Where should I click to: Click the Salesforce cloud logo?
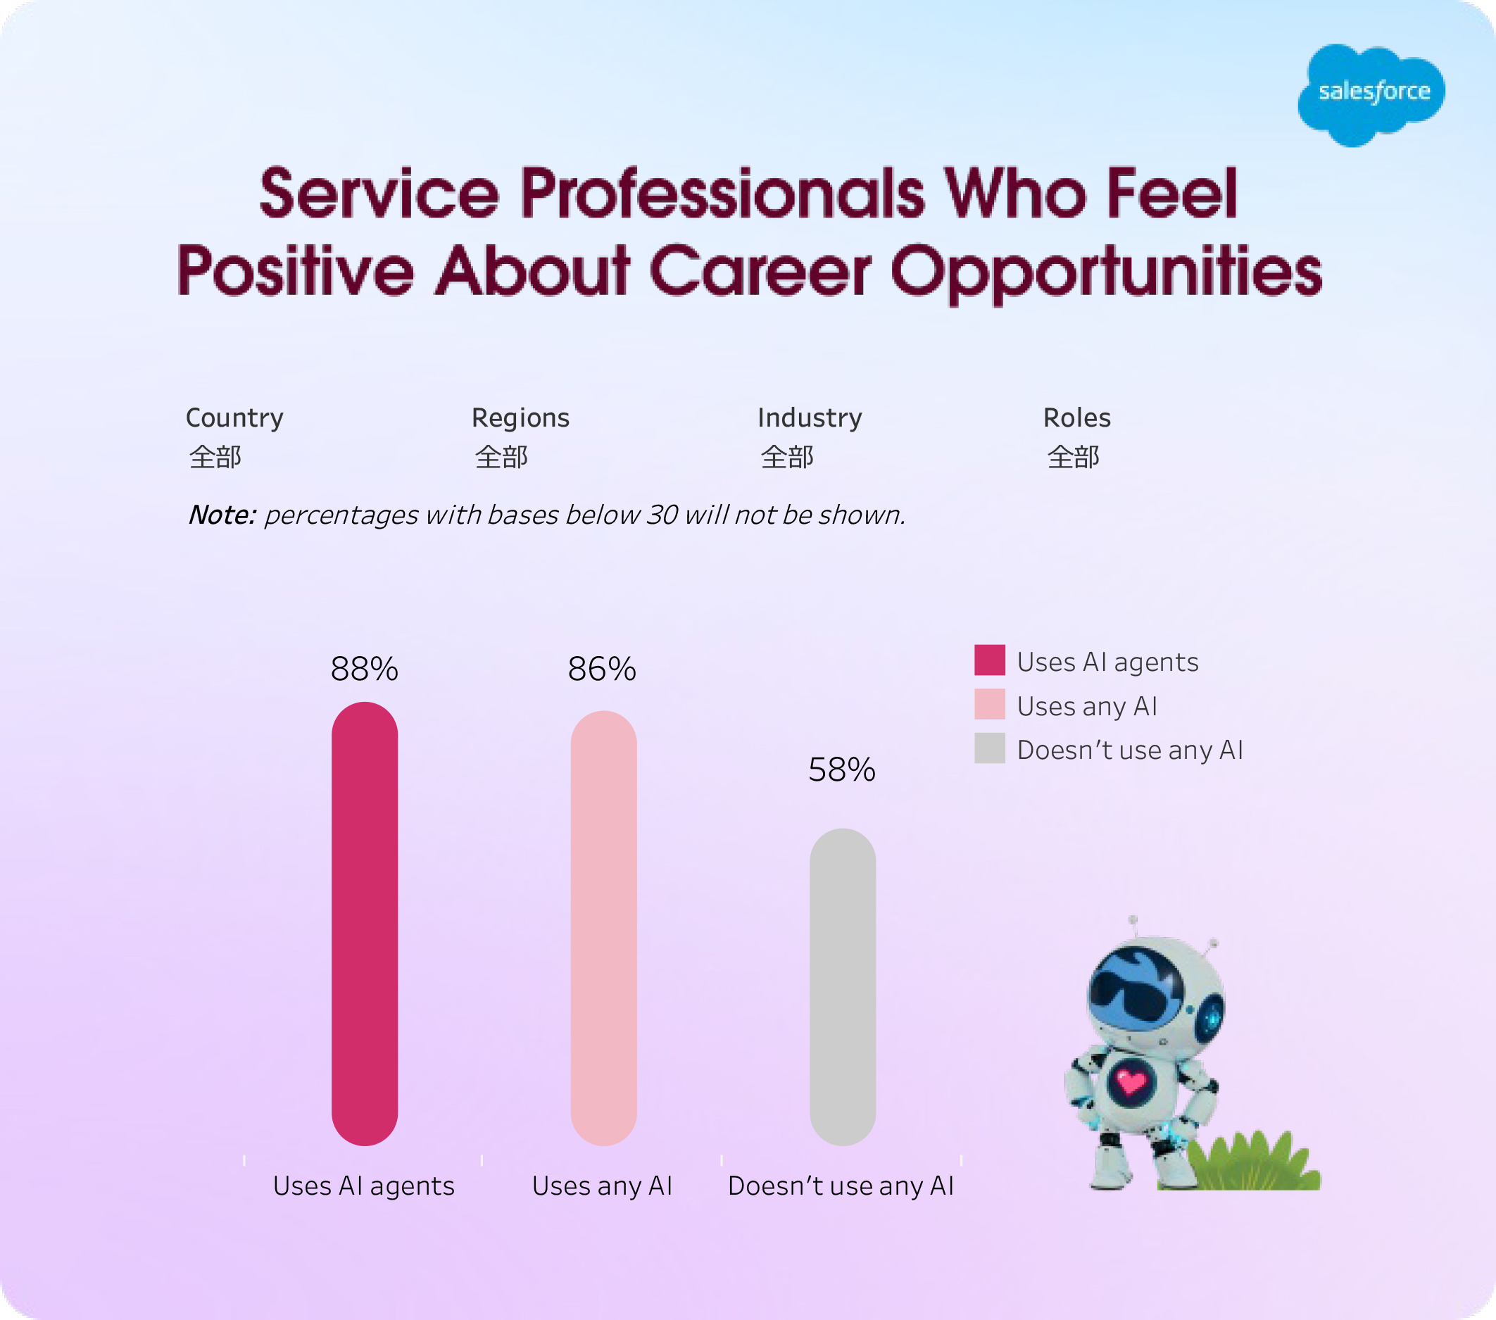pyautogui.click(x=1371, y=94)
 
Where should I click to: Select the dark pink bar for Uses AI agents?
pyautogui.click(x=365, y=924)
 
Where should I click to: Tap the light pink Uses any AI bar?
pyautogui.click(x=603, y=928)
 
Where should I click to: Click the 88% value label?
pyautogui.click(x=365, y=669)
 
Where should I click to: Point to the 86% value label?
pyautogui.click(x=602, y=669)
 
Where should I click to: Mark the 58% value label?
pyautogui.click(x=842, y=769)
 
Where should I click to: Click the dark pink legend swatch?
pyautogui.click(x=990, y=660)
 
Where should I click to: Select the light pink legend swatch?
pyautogui.click(x=990, y=704)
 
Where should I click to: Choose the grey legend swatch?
pyautogui.click(x=990, y=748)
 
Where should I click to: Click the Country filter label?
pyautogui.click(x=234, y=417)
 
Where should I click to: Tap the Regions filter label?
pyautogui.click(x=520, y=417)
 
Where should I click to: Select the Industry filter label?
pyautogui.click(x=810, y=417)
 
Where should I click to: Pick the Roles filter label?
pyautogui.click(x=1076, y=417)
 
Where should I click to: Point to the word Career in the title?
pyautogui.click(x=760, y=271)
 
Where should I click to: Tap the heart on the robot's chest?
pyautogui.click(x=1131, y=1081)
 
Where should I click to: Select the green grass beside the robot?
pyautogui.click(x=1252, y=1164)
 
